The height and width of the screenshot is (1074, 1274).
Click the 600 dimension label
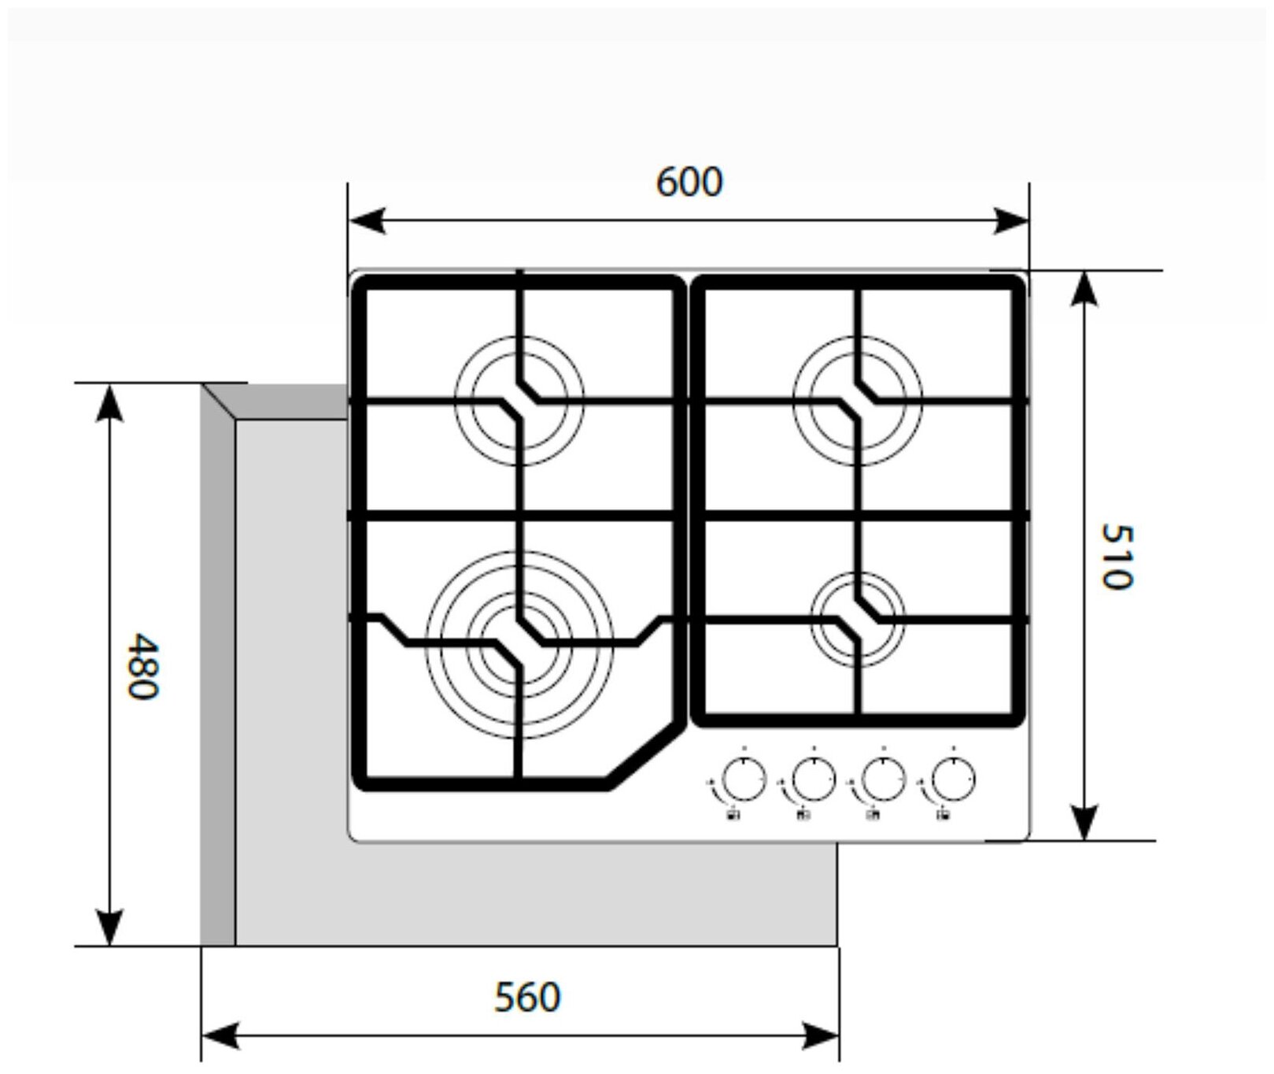pyautogui.click(x=689, y=183)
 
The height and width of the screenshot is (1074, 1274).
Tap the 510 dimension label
pyautogui.click(x=1116, y=556)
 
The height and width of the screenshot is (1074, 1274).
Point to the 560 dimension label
pyautogui.click(x=527, y=998)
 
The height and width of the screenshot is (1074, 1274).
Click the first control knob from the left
pyautogui.click(x=743, y=780)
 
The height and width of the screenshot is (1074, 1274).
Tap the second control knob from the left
pyautogui.click(x=813, y=780)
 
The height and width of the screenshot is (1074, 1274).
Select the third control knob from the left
pyautogui.click(x=883, y=780)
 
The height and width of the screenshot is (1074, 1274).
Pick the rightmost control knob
pyautogui.click(x=953, y=780)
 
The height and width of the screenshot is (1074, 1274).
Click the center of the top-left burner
pyautogui.click(x=519, y=401)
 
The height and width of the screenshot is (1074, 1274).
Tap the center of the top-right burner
pyautogui.click(x=858, y=401)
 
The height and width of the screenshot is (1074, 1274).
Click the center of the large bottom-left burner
pyautogui.click(x=519, y=644)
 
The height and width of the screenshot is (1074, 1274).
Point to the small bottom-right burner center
pyautogui.click(x=858, y=619)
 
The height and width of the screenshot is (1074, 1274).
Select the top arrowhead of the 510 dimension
pyautogui.click(x=1086, y=288)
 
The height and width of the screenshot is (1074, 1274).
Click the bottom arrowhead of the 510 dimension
pyautogui.click(x=1086, y=822)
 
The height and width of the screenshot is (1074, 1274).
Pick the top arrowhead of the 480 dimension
pyautogui.click(x=109, y=402)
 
